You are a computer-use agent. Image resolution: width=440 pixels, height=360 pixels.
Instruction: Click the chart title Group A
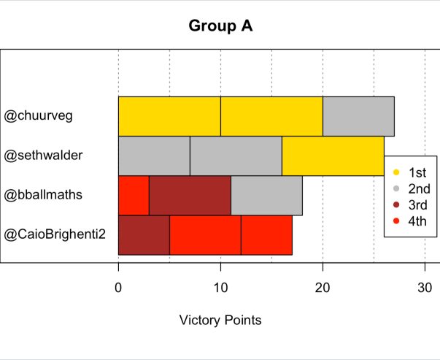[220, 26]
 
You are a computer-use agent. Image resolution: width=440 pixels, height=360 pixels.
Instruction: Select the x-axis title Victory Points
[220, 320]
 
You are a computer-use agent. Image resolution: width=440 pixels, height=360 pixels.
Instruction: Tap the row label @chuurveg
[39, 116]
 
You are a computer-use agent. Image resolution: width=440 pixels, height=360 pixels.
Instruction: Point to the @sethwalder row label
[44, 156]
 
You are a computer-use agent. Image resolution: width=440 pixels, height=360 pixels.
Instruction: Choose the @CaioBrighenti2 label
[55, 234]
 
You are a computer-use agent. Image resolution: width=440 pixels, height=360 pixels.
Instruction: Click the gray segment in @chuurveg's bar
[358, 116]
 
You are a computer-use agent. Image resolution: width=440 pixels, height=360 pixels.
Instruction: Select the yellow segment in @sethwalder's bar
[332, 156]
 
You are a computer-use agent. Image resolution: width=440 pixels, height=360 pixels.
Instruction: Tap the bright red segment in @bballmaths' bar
[134, 195]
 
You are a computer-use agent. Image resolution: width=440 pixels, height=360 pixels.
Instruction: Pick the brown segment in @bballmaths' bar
[190, 195]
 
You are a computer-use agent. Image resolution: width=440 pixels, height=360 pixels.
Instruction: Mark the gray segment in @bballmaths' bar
[266, 195]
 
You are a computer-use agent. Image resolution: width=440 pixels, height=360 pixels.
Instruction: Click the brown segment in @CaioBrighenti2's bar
[144, 234]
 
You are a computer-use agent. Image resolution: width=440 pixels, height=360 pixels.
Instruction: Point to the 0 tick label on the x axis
[118, 288]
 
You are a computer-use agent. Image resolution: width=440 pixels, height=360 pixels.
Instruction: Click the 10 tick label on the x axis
[220, 288]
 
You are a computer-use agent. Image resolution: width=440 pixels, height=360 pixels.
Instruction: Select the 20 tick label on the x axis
[323, 288]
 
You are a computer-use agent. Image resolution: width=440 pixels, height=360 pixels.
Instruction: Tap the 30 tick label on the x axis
[425, 288]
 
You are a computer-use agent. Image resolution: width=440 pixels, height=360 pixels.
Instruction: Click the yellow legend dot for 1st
[396, 173]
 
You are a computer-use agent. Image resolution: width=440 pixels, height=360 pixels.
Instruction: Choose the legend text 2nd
[418, 189]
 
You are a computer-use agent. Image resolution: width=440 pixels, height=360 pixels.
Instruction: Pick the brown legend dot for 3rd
[396, 205]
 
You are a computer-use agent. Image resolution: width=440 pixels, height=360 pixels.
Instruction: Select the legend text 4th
[417, 221]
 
